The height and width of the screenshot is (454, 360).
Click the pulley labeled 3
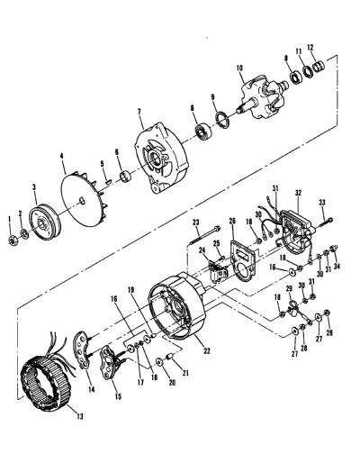coord(45,222)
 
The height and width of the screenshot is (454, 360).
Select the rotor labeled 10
coord(263,98)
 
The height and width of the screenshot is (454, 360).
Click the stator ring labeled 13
coord(46,381)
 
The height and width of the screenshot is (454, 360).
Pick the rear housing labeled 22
coord(177,306)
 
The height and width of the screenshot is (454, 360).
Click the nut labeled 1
coord(13,241)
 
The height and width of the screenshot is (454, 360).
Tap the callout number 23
coord(196,222)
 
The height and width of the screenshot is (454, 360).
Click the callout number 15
coord(118,396)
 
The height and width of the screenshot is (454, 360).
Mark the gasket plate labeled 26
coord(242,260)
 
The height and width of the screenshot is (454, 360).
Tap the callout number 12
coord(310,47)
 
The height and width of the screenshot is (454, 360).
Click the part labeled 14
coord(82,350)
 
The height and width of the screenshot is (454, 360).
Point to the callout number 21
coord(185,373)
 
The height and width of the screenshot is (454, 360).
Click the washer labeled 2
coord(24,233)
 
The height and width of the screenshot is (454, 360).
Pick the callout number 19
coord(131,290)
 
